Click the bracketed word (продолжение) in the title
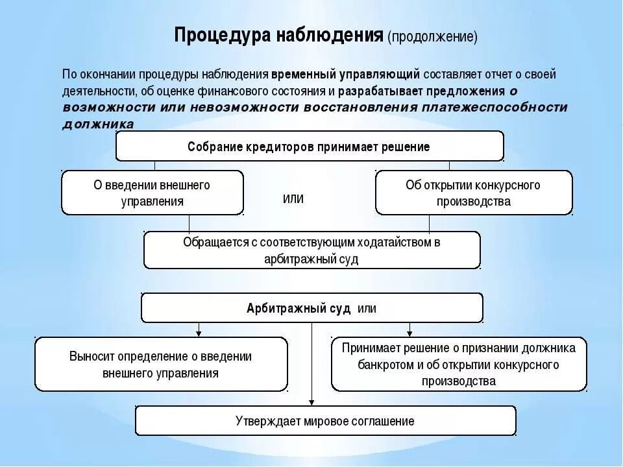tap(432, 37)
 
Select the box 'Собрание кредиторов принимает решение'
tap(310, 147)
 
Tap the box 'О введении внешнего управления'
tap(153, 193)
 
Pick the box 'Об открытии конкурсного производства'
tap(473, 193)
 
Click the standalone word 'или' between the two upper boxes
tap(293, 198)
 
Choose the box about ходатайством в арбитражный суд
tap(311, 250)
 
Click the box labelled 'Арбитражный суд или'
tap(311, 308)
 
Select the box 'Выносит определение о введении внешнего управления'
tap(161, 365)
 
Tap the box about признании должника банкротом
tap(459, 365)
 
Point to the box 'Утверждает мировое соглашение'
tap(325, 421)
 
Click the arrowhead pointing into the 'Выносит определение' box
tap(199, 333)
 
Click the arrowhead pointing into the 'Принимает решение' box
tap(409, 333)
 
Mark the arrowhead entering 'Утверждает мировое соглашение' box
tap(312, 402)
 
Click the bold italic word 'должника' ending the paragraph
tap(99, 124)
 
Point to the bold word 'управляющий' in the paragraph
tap(387, 74)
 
